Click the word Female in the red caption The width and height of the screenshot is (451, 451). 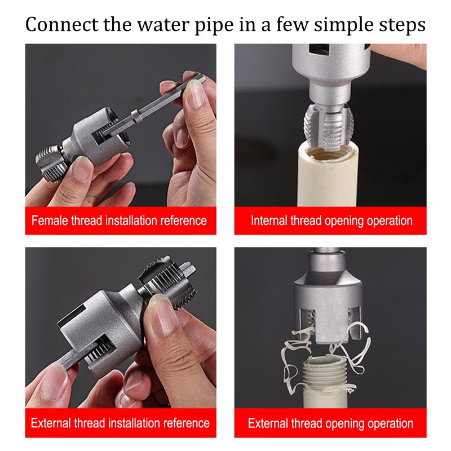50,220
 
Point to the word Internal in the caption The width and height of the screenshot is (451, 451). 269,220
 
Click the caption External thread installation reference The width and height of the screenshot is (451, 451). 120,423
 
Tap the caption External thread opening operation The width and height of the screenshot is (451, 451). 330,423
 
